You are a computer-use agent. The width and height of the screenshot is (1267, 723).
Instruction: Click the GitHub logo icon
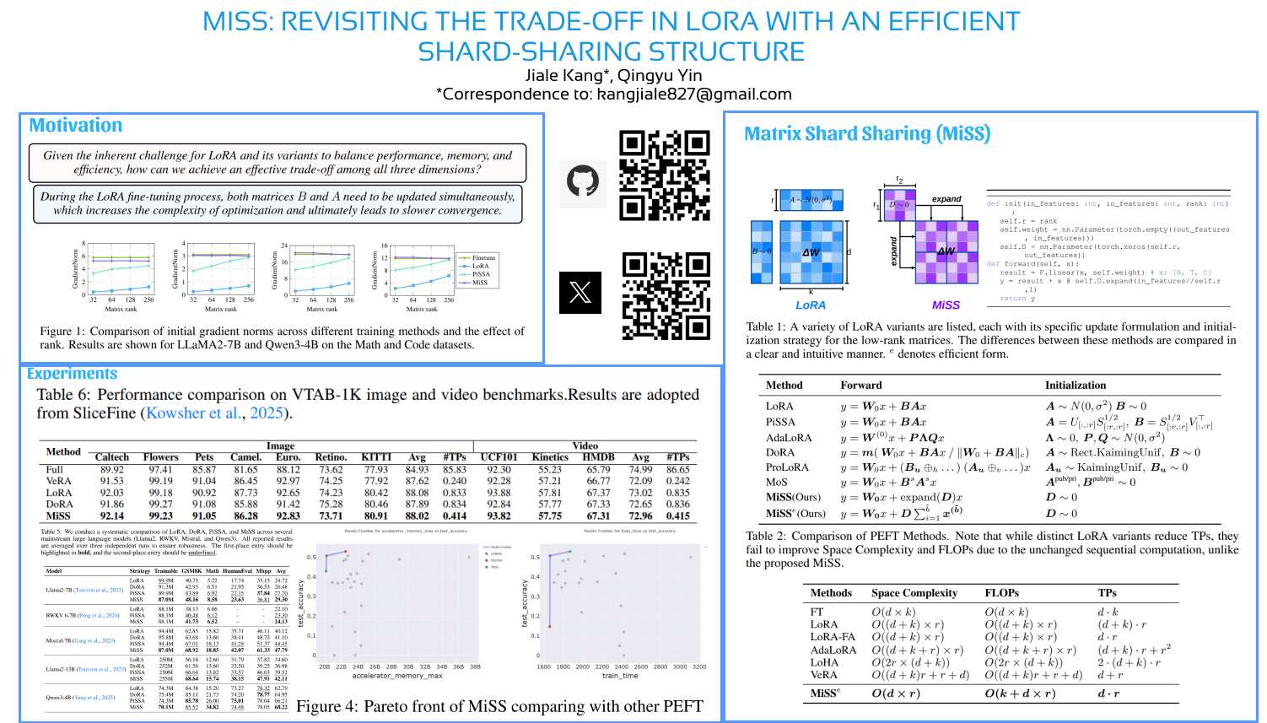click(583, 181)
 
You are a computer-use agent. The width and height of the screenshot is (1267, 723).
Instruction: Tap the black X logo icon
click(580, 293)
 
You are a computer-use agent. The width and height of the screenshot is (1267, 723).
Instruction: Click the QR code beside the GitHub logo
click(665, 175)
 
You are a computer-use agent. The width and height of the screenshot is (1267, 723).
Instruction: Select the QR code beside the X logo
click(666, 296)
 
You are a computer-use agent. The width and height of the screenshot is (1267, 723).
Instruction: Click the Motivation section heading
click(76, 126)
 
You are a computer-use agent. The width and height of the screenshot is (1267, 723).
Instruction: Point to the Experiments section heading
click(73, 374)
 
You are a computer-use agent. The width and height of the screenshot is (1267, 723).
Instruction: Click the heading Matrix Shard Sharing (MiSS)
click(867, 134)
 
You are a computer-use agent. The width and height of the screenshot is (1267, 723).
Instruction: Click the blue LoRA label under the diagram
click(811, 305)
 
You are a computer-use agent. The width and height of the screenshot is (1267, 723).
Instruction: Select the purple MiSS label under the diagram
click(946, 305)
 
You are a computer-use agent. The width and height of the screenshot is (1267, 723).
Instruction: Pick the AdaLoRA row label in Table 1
click(789, 438)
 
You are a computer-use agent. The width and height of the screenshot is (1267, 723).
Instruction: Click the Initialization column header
click(1076, 386)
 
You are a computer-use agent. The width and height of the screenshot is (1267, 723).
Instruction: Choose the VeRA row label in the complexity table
click(824, 675)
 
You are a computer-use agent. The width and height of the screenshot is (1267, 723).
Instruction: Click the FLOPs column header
click(1002, 593)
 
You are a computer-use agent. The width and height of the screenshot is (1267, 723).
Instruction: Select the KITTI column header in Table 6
click(376, 457)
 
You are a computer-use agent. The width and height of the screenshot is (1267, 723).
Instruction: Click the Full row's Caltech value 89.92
click(112, 470)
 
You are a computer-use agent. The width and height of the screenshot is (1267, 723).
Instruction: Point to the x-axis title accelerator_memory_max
click(397, 676)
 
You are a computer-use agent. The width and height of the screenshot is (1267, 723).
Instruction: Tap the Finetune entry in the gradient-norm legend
click(483, 258)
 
